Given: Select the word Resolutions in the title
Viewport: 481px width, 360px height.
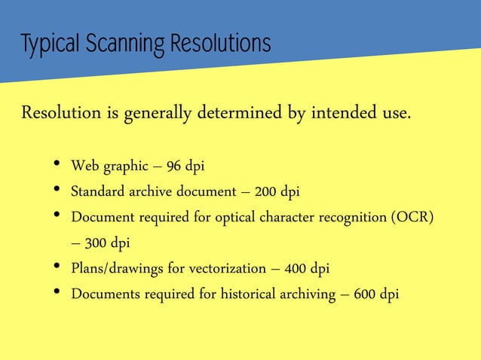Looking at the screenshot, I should point(219,44).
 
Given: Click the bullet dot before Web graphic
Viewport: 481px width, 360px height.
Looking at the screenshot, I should point(57,166).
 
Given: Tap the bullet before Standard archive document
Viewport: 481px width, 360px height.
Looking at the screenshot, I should point(57,191).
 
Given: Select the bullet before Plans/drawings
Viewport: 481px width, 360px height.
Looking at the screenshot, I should point(57,268).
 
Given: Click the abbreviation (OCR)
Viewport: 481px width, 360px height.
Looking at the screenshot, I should point(413,217).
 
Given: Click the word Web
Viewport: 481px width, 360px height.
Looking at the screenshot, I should point(84,166).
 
